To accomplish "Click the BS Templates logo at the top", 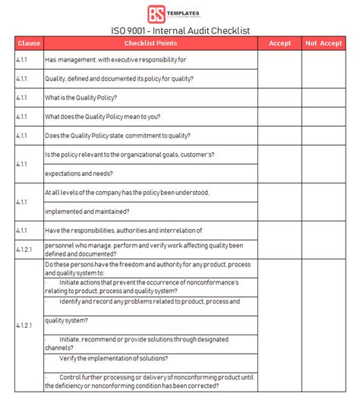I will [x=180, y=14].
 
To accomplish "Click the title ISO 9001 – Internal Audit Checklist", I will [x=180, y=31].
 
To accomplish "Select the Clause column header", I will [x=29, y=43].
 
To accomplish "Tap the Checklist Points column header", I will [x=150, y=43].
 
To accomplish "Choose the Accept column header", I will [x=279, y=43].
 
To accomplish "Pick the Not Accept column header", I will [x=324, y=43].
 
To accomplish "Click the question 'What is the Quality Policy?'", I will [x=81, y=98].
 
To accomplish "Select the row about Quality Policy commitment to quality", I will [x=116, y=136].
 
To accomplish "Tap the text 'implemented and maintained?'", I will [x=87, y=211].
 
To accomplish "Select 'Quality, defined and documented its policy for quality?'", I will [x=118, y=79].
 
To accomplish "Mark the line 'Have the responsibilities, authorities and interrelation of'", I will [x=123, y=230].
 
